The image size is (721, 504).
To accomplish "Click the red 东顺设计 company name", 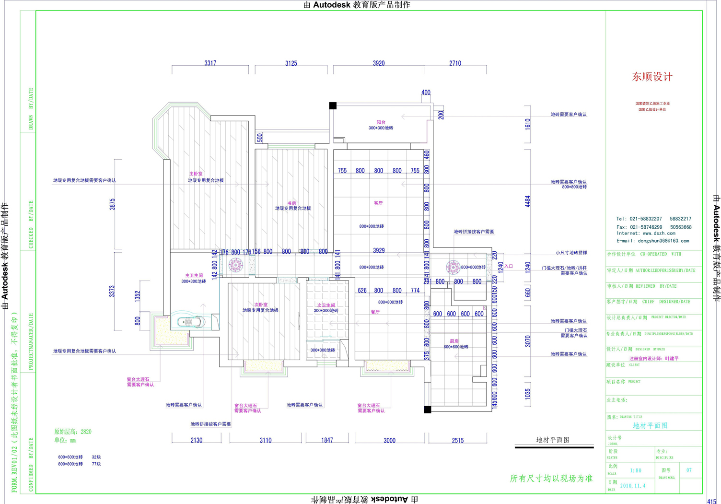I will pyautogui.click(x=652, y=77).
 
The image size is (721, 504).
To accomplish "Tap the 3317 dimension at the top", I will pyautogui.click(x=210, y=63).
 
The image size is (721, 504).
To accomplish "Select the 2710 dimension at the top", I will pyautogui.click(x=455, y=63).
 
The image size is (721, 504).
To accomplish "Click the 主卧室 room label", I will pyautogui.click(x=196, y=174).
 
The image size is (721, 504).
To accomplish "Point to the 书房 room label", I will pyautogui.click(x=291, y=203).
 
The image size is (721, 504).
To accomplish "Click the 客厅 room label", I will pyautogui.click(x=378, y=203).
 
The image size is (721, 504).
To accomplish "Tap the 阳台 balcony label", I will pyautogui.click(x=381, y=123).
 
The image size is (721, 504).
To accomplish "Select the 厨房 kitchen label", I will pyautogui.click(x=454, y=341).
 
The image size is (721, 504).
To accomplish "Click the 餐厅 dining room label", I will pyautogui.click(x=375, y=312).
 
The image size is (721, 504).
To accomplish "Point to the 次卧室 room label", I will pyautogui.click(x=261, y=305).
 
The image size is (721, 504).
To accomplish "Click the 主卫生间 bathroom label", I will pyautogui.click(x=194, y=275).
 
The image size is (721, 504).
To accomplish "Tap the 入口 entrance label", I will pyautogui.click(x=509, y=266).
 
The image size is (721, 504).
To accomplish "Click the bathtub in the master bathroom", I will pyautogui.click(x=190, y=322).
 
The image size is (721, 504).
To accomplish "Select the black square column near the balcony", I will pyautogui.click(x=333, y=105).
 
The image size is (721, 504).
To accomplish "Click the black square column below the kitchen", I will pyautogui.click(x=428, y=410).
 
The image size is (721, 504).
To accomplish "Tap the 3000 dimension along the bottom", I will pyautogui.click(x=389, y=440).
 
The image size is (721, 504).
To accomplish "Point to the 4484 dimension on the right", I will pyautogui.click(x=528, y=201).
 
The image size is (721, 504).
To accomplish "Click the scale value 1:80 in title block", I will pyautogui.click(x=636, y=470).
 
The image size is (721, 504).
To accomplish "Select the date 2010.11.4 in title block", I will pyautogui.click(x=633, y=486).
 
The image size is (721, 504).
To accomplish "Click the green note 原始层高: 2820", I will pyautogui.click(x=72, y=432).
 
